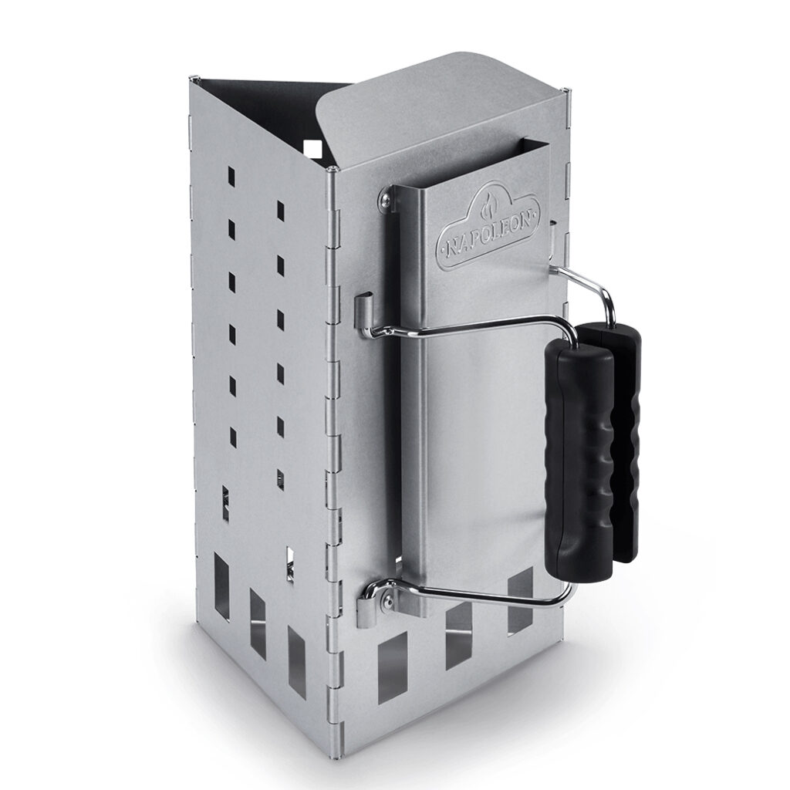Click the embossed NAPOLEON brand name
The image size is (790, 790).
(488, 235)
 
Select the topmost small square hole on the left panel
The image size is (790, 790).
(231, 174)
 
